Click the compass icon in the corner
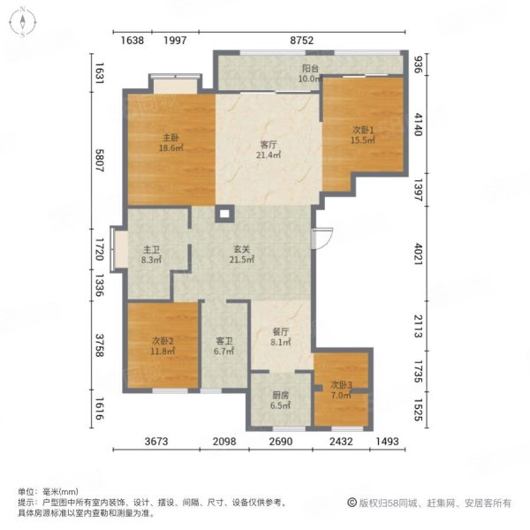click(22, 23)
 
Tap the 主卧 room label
click(170, 138)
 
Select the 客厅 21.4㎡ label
click(269, 150)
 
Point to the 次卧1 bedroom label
click(363, 130)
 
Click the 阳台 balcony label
click(310, 69)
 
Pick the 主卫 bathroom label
click(151, 250)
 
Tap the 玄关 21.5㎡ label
click(242, 254)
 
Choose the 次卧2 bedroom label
click(163, 340)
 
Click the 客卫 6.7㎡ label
click(224, 345)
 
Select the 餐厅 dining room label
click(281, 331)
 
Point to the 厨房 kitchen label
click(281, 395)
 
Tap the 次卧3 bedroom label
click(341, 384)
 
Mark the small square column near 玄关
click(224, 214)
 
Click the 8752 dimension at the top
click(301, 41)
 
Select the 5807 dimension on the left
click(99, 160)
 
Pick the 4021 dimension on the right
click(419, 254)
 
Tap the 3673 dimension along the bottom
click(156, 442)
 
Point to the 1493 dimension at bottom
click(388, 442)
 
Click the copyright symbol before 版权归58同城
click(352, 503)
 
